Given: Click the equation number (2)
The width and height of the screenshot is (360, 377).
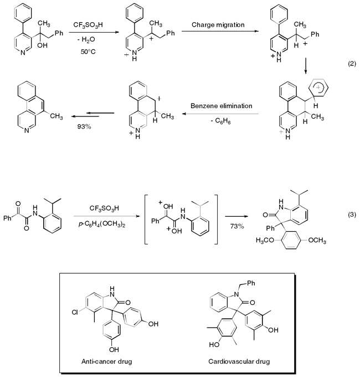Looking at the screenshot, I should click(x=351, y=65).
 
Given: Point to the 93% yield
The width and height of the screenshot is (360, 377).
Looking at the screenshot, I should click(x=85, y=126).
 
